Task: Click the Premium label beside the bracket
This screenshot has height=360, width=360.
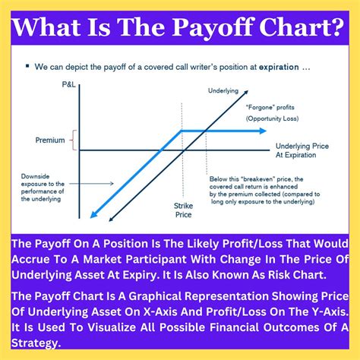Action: point(49,141)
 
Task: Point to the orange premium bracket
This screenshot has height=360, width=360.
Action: point(74,141)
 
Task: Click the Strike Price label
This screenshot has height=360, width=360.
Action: point(184,210)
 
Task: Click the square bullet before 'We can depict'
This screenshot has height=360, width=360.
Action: point(28,66)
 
